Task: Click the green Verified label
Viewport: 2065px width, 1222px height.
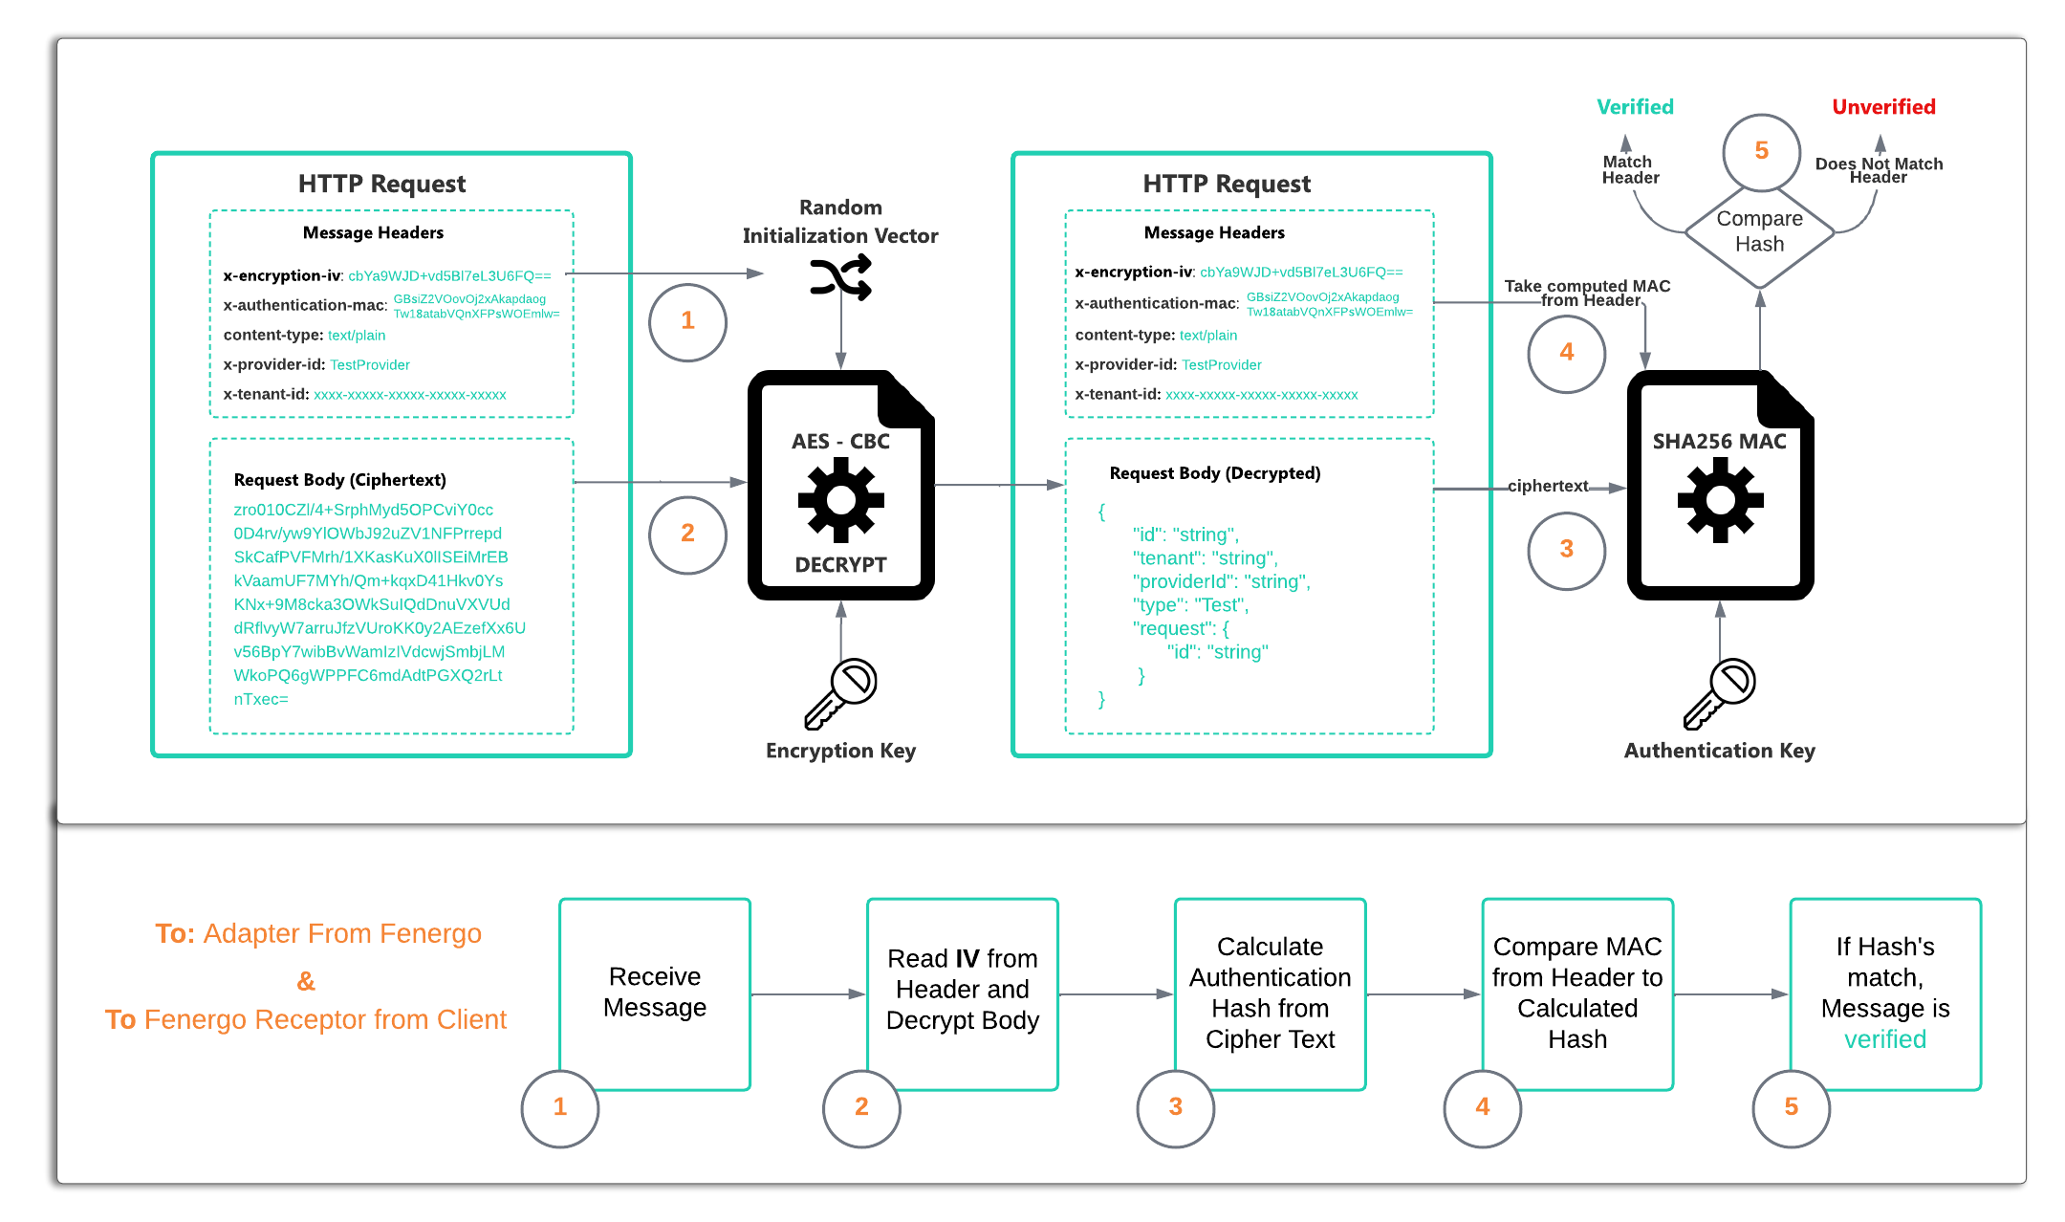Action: pyautogui.click(x=1635, y=107)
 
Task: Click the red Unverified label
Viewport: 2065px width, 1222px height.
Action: pyautogui.click(x=1883, y=107)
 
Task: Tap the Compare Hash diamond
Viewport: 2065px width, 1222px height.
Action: pyautogui.click(x=1759, y=232)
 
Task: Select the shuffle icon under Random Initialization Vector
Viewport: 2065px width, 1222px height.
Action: pyautogui.click(x=840, y=277)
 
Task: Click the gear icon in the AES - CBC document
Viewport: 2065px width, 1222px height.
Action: pyautogui.click(x=840, y=500)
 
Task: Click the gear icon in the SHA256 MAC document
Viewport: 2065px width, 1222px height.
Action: pyautogui.click(x=1720, y=500)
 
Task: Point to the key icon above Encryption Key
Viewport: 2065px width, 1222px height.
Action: pyautogui.click(x=840, y=694)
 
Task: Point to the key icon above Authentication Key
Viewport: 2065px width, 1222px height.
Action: pyautogui.click(x=1720, y=694)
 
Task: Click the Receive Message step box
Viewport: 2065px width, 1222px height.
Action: pyautogui.click(x=655, y=993)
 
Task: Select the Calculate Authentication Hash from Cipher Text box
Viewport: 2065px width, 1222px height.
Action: pyautogui.click(x=1270, y=993)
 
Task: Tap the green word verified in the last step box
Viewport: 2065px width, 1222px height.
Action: pyautogui.click(x=1884, y=1039)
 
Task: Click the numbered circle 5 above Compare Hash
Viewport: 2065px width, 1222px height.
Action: pyautogui.click(x=1761, y=151)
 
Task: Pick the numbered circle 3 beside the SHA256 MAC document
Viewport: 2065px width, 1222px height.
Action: pyautogui.click(x=1566, y=550)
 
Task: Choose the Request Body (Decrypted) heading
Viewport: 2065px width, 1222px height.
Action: pyautogui.click(x=1214, y=473)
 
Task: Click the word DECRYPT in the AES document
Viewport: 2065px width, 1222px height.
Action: pyautogui.click(x=840, y=565)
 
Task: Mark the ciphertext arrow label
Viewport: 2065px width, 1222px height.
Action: pyautogui.click(x=1548, y=486)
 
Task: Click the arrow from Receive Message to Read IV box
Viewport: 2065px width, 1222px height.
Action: pyautogui.click(x=808, y=994)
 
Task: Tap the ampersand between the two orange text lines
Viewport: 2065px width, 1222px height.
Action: pyautogui.click(x=306, y=981)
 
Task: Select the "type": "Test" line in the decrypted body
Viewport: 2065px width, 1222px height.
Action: pyautogui.click(x=1190, y=605)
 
